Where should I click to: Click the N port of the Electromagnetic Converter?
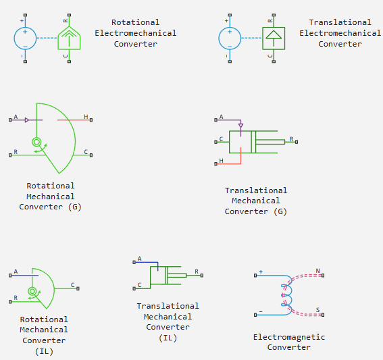pos(323,276)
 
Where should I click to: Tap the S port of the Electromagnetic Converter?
pos(323,315)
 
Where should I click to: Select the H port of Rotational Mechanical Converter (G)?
pos(91,120)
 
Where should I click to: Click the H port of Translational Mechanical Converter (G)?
pos(215,164)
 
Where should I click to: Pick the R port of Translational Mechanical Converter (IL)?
pos(202,276)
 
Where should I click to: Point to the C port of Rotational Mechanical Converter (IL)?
pos(78,288)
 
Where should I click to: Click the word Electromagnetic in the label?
pos(289,337)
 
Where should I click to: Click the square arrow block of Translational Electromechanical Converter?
pos(274,38)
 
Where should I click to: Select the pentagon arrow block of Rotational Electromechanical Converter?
pos(69,38)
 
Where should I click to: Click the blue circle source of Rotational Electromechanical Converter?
pos(25,38)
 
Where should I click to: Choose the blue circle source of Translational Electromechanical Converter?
pos(230,38)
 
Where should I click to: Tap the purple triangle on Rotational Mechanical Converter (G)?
pos(27,120)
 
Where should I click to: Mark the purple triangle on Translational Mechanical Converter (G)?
pos(241,126)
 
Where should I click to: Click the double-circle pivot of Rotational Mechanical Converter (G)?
pos(36,142)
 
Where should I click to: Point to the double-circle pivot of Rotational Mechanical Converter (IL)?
pos(32,291)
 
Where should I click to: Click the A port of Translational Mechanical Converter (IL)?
pos(134,262)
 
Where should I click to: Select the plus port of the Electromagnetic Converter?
pos(255,276)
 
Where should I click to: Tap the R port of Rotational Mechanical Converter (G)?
pos(10,155)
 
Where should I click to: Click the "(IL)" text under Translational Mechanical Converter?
pos(168,338)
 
